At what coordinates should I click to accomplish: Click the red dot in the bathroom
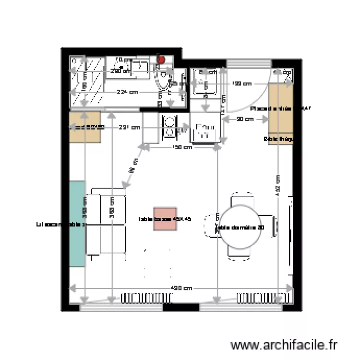pyautogui.click(x=162, y=60)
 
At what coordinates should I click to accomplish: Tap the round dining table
pyautogui.click(x=240, y=227)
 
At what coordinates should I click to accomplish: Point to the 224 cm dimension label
pyautogui.click(x=127, y=92)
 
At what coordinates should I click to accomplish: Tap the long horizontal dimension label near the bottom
pyautogui.click(x=182, y=288)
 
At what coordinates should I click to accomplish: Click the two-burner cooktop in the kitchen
pyautogui.click(x=169, y=127)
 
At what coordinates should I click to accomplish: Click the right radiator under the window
pyautogui.click(x=258, y=298)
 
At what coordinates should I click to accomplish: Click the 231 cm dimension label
pyautogui.click(x=130, y=128)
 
